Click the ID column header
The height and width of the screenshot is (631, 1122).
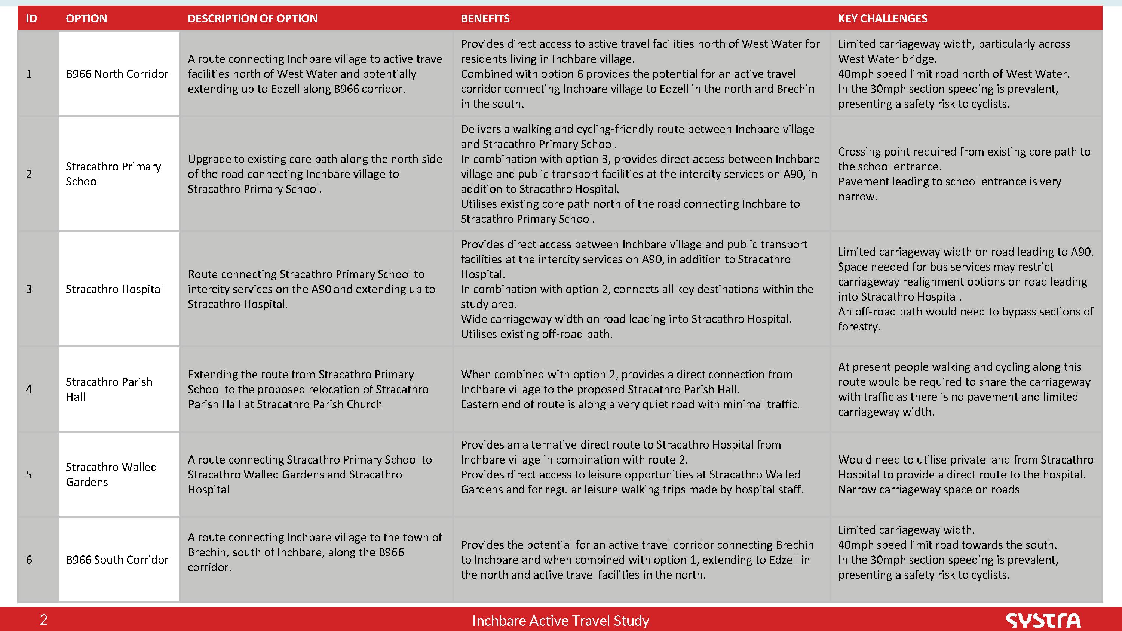click(31, 18)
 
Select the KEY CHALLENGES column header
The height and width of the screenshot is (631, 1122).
click(882, 18)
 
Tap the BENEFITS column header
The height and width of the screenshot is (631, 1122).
click(485, 18)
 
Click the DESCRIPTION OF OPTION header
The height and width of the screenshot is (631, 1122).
click(252, 18)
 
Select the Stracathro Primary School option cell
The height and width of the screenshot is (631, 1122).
click(113, 174)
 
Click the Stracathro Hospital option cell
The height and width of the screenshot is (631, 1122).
click(114, 289)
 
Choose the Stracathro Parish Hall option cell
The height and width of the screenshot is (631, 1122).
click(109, 389)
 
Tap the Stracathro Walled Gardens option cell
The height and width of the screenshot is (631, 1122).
click(111, 474)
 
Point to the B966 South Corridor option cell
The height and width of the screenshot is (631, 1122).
click(117, 560)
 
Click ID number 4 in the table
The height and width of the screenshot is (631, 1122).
click(29, 389)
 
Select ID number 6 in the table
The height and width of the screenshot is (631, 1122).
click(29, 560)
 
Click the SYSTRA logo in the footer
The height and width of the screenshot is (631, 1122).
click(1043, 620)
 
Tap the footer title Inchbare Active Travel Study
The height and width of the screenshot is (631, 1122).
click(561, 621)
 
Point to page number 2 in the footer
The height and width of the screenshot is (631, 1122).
click(43, 620)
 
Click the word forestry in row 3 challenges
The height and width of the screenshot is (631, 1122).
click(858, 327)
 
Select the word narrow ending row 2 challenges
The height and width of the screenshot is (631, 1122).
click(857, 196)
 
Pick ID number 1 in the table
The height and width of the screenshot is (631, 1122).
click(29, 74)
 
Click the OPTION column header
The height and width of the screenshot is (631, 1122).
click(86, 18)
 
